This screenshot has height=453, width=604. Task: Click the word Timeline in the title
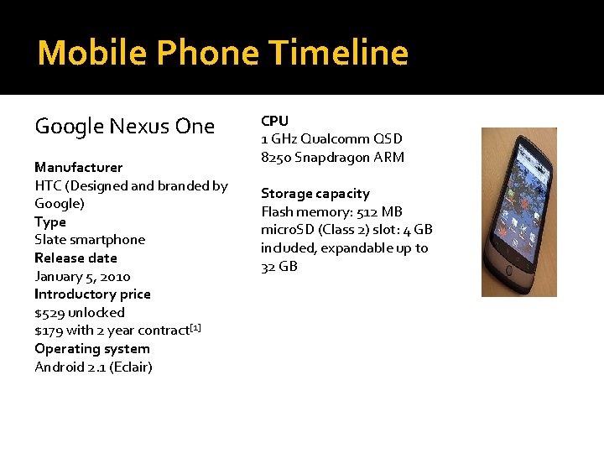pos(339,53)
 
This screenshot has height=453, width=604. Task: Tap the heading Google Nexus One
pos(124,127)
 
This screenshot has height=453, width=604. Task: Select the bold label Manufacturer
pos(78,167)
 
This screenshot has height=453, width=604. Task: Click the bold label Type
pos(49,221)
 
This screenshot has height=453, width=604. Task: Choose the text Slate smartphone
pos(90,240)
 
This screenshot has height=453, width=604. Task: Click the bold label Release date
pos(75,258)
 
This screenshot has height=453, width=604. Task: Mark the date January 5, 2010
pos(82,276)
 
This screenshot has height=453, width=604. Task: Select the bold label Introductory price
pos(92,294)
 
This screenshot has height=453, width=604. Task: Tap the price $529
pos(49,312)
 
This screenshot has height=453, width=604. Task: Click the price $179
pos(49,331)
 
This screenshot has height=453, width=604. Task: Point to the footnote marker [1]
pos(195,326)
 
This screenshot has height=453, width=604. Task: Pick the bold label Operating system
pos(92,348)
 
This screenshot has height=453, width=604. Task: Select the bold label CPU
pos(274,121)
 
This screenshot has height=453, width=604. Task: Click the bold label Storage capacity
pos(315,193)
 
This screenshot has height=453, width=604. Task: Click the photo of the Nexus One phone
pos(518,212)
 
